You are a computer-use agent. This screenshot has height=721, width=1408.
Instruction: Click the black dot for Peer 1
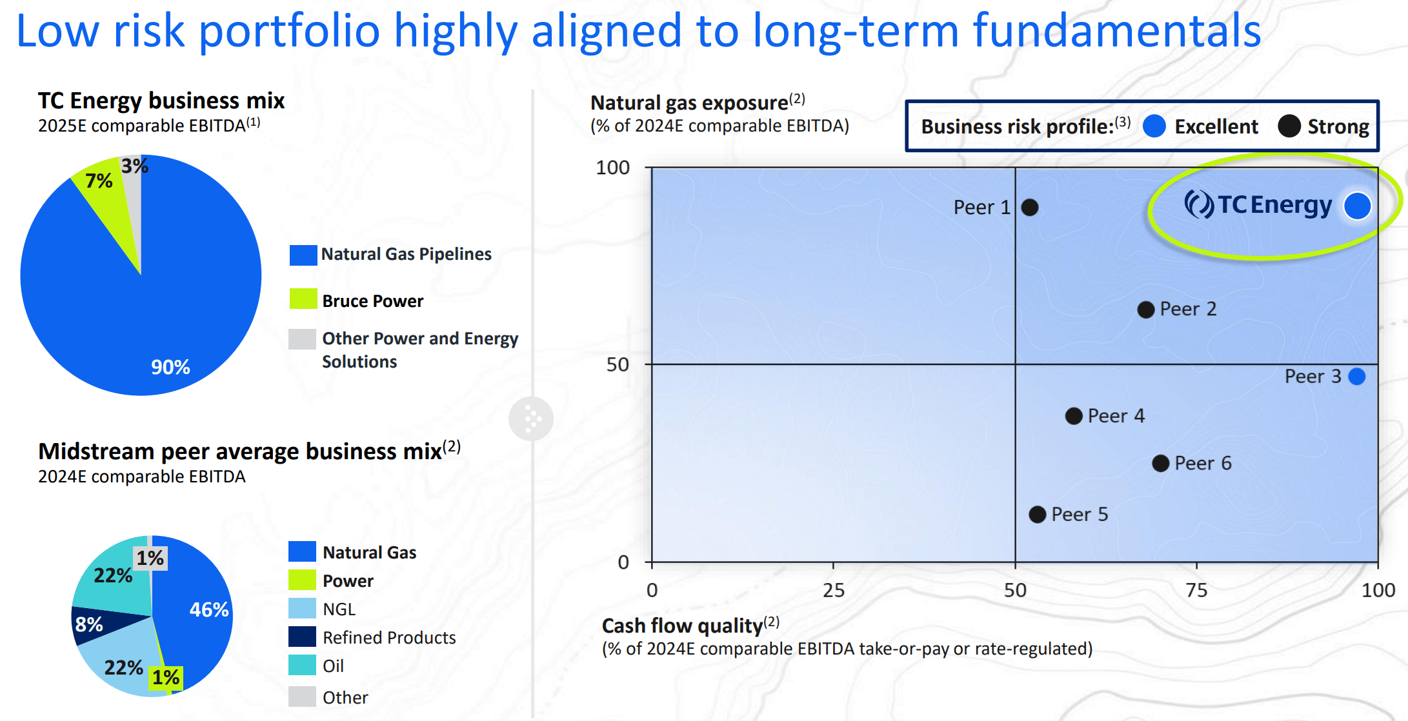[x=1030, y=208]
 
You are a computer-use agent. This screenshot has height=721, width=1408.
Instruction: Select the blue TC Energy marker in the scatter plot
[x=1357, y=206]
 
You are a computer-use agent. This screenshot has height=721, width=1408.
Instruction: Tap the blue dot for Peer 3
[x=1357, y=377]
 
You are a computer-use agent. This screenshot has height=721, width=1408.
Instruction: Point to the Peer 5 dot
[x=1037, y=515]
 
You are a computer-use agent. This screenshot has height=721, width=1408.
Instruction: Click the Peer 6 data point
[x=1160, y=463]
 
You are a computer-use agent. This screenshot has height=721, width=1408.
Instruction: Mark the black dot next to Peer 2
[x=1145, y=310]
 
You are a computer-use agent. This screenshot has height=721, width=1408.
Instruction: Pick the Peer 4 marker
[x=1074, y=416]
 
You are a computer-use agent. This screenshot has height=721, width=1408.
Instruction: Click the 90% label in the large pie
[x=170, y=367]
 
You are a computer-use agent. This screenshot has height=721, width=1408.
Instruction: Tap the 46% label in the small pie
[x=208, y=609]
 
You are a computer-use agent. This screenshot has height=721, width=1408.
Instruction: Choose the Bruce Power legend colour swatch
[x=303, y=299]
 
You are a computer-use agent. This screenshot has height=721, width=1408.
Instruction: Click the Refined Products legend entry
[x=388, y=637]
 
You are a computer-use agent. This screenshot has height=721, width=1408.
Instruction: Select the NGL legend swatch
[x=302, y=608]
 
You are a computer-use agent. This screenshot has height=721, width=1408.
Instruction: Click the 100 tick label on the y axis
[x=612, y=168]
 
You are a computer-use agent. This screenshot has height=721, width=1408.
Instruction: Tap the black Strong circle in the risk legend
[x=1289, y=126]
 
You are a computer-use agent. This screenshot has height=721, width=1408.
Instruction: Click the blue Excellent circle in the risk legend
[x=1154, y=126]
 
